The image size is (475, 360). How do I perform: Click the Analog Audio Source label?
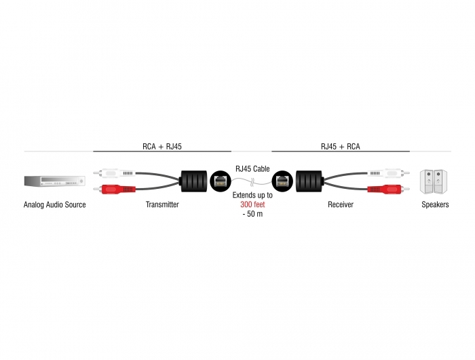(x=54, y=204)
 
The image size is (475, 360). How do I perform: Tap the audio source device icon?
(x=54, y=181)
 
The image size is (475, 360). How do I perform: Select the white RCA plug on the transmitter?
(x=115, y=173)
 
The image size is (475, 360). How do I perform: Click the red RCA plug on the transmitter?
(x=115, y=190)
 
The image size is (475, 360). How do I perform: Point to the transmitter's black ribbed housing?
(x=193, y=181)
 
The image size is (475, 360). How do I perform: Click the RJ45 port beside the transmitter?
(x=221, y=181)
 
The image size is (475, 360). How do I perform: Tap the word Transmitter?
(x=162, y=204)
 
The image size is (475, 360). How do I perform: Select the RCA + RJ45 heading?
(x=162, y=147)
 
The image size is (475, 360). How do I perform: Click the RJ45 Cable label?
(x=252, y=168)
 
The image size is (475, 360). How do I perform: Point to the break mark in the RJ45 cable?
(x=252, y=183)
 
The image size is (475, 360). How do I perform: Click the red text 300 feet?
(x=252, y=204)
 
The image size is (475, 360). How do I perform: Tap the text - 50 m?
(x=252, y=214)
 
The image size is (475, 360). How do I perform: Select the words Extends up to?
(x=252, y=195)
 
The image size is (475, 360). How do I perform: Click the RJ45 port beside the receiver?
(x=282, y=181)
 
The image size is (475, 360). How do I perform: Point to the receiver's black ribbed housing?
(x=309, y=181)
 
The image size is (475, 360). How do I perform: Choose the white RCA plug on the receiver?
(x=389, y=173)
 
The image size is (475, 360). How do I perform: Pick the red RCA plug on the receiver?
(x=389, y=190)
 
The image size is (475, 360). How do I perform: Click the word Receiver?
(x=341, y=204)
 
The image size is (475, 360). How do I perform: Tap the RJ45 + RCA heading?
(x=341, y=147)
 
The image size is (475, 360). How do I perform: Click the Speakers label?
(x=435, y=204)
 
